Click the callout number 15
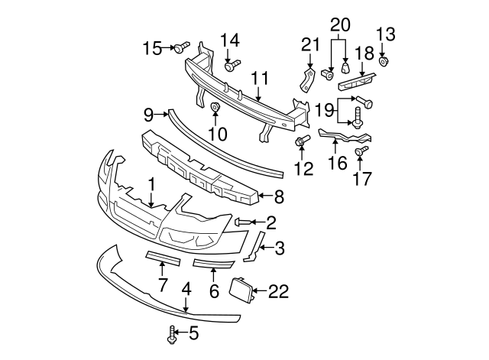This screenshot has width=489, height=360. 154,49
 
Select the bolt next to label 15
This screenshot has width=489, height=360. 180,49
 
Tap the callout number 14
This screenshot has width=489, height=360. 230,40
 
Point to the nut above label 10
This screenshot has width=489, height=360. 215,106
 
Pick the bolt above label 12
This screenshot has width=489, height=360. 303,141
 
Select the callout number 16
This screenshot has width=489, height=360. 337,163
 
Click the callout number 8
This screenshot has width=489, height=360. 278,197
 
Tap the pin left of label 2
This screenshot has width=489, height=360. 239,222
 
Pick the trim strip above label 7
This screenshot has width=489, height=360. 161,259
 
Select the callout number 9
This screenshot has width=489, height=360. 149,115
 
